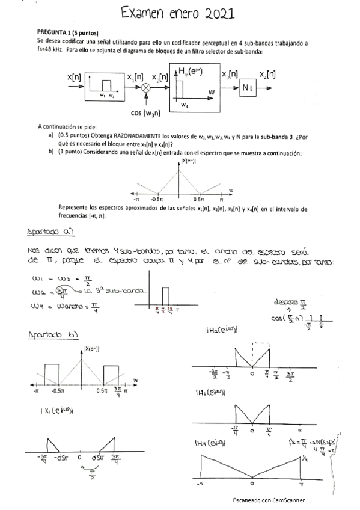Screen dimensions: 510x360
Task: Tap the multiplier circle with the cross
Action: [145, 88]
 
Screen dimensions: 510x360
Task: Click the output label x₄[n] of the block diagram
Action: [267, 75]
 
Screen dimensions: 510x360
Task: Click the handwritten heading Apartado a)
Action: [50, 232]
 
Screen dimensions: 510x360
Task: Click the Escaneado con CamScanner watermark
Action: [269, 500]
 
